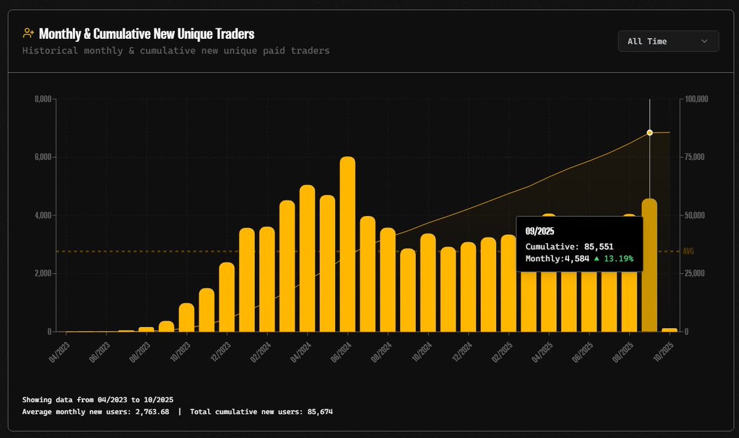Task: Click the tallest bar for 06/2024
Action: (347, 246)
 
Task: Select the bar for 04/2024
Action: (307, 259)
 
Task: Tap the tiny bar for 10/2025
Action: (669, 330)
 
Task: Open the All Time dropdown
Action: (668, 41)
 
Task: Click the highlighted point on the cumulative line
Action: (650, 132)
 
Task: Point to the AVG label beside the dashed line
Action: (689, 251)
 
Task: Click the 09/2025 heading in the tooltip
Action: (539, 232)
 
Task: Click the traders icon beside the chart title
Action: (28, 33)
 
